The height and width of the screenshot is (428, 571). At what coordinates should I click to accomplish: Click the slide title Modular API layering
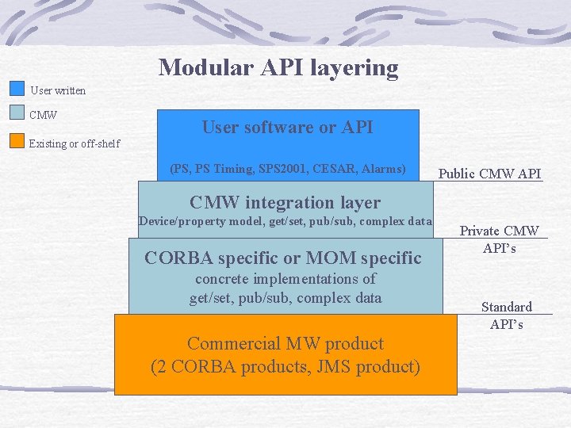[278, 67]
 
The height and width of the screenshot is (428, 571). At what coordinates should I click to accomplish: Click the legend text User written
[58, 90]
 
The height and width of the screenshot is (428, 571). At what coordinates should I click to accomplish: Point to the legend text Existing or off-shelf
[75, 143]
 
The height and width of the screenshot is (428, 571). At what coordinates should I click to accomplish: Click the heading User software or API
[287, 127]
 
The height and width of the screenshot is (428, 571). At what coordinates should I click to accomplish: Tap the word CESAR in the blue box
[333, 169]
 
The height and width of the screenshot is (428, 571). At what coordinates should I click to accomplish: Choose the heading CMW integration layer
[285, 202]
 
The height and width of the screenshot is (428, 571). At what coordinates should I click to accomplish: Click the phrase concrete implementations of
[285, 279]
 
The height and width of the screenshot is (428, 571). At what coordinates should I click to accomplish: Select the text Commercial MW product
[285, 343]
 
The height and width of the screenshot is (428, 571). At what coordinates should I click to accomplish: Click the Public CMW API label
[490, 174]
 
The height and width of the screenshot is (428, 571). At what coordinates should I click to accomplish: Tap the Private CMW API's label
[500, 239]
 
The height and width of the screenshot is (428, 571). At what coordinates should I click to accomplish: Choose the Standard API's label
[507, 315]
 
